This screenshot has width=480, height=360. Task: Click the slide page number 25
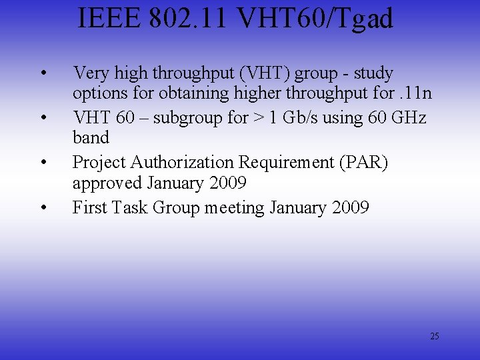435,336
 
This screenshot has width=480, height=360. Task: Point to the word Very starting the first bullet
90,73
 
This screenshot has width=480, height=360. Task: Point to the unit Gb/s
301,117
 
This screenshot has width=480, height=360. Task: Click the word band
91,137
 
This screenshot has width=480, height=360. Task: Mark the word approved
107,183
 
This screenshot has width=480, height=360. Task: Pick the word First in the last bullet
90,207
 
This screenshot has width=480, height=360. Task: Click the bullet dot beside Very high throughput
43,73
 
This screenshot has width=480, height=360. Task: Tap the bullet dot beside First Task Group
43,207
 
